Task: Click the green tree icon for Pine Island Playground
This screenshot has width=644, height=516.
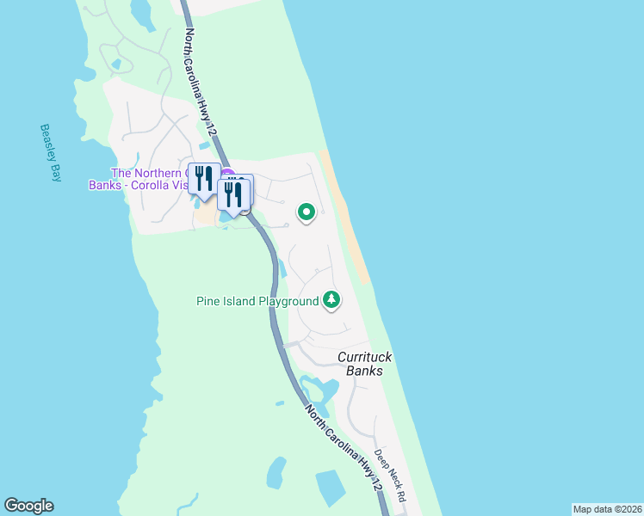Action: (x=331, y=300)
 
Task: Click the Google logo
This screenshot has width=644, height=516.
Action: (x=28, y=506)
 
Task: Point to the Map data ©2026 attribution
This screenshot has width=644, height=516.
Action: (x=606, y=508)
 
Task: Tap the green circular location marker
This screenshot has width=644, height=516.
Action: (x=306, y=212)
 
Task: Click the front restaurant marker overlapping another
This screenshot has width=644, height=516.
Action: (x=232, y=194)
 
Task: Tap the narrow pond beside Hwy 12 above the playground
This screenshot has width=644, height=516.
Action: (x=281, y=267)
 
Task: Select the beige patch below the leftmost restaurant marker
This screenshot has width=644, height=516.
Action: (x=205, y=215)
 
